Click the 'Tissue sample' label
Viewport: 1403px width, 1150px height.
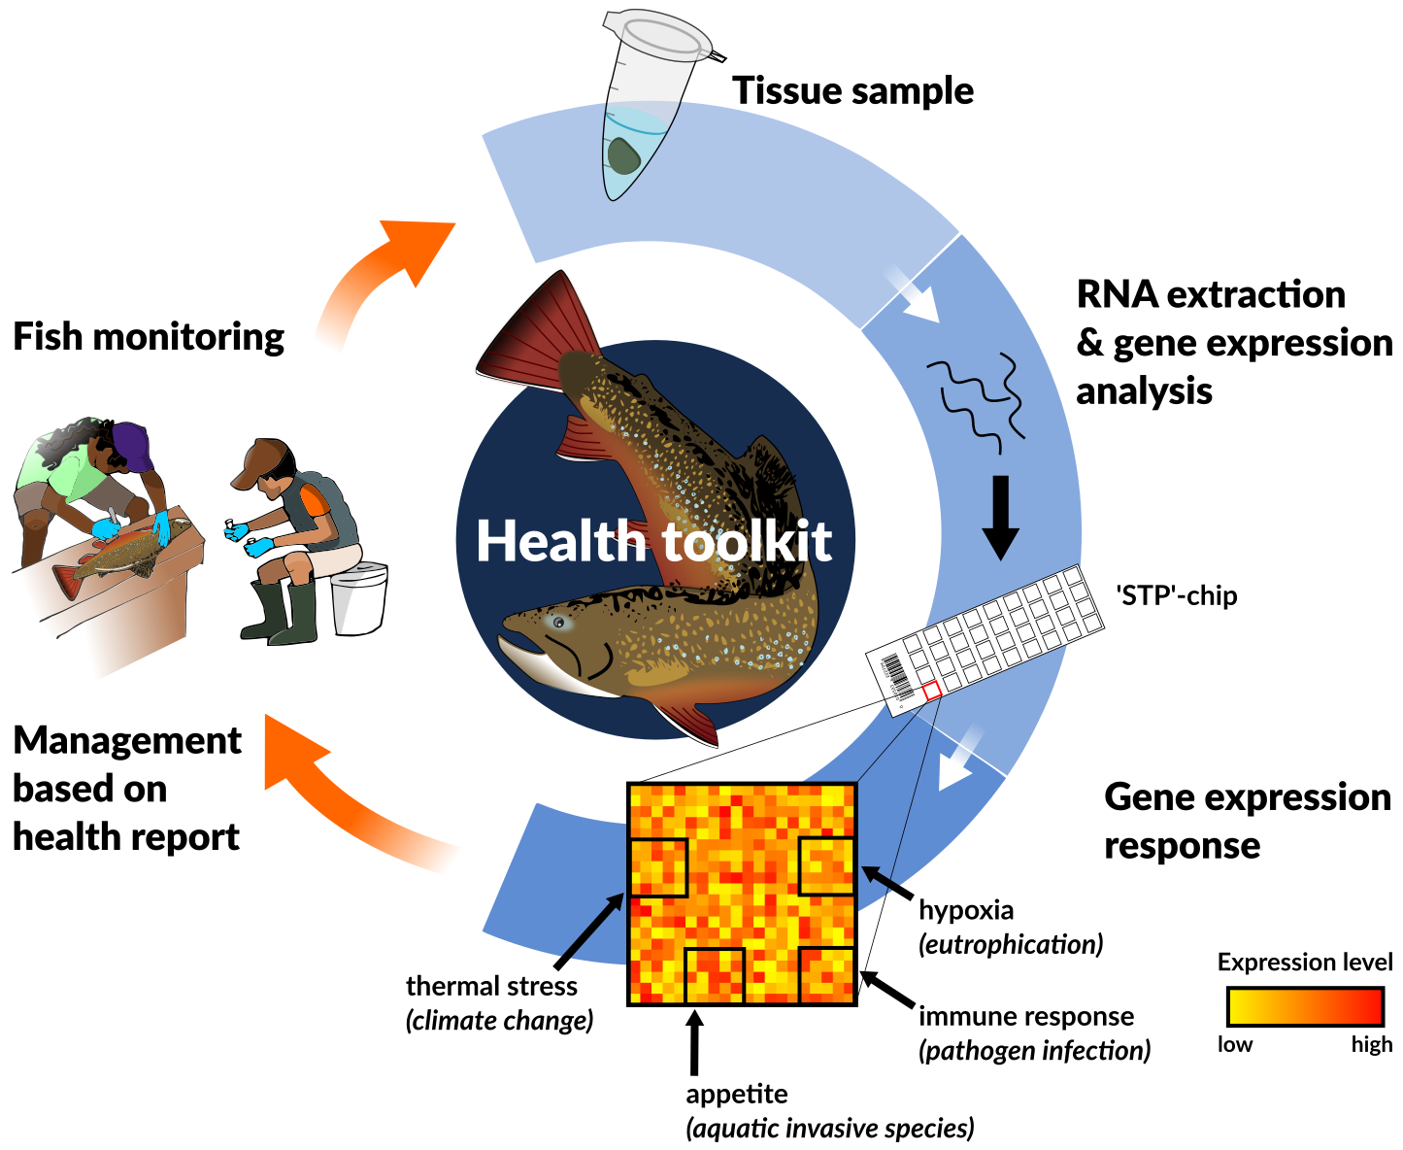click(852, 90)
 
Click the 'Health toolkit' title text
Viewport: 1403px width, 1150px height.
click(653, 541)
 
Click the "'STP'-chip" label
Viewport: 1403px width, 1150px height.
click(1177, 595)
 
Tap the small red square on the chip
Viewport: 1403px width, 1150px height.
click(931, 691)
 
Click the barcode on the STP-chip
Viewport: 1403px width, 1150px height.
click(896, 676)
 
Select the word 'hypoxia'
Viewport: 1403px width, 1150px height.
click(966, 910)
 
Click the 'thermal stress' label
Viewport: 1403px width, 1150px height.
click(491, 986)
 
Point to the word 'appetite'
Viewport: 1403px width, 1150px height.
click(737, 1094)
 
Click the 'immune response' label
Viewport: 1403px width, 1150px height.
click(1026, 1016)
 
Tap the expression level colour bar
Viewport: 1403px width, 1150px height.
click(1305, 1007)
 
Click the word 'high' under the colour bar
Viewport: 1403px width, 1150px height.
click(1371, 1045)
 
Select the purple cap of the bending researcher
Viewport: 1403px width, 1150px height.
click(132, 445)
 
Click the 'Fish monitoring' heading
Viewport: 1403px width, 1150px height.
click(149, 337)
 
